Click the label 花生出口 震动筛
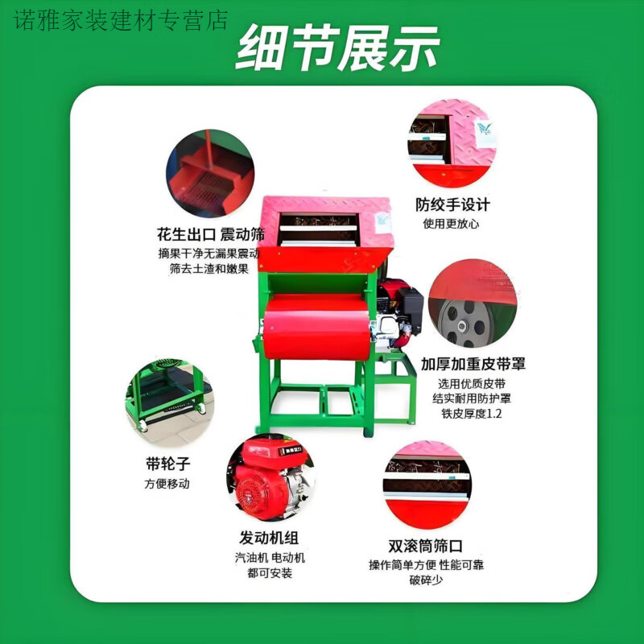pyautogui.click(x=208, y=235)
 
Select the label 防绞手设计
pyautogui.click(x=452, y=204)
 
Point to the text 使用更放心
pyautogui.click(x=452, y=223)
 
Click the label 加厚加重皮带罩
pyautogui.click(x=473, y=363)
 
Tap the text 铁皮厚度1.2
pyautogui.click(x=472, y=413)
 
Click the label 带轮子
pyautogui.click(x=167, y=464)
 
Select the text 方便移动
pyautogui.click(x=167, y=484)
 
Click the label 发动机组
pyautogui.click(x=269, y=537)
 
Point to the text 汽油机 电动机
pyautogui.click(x=270, y=557)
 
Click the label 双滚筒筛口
pyautogui.click(x=426, y=545)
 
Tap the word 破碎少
pyautogui.click(x=426, y=580)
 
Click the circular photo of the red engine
pyautogui.click(x=270, y=478)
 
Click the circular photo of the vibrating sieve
pyautogui.click(x=210, y=174)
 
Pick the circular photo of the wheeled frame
pyautogui.click(x=169, y=402)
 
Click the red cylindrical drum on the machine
pyautogui.click(x=318, y=326)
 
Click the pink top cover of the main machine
pyautogui.click(x=326, y=205)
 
